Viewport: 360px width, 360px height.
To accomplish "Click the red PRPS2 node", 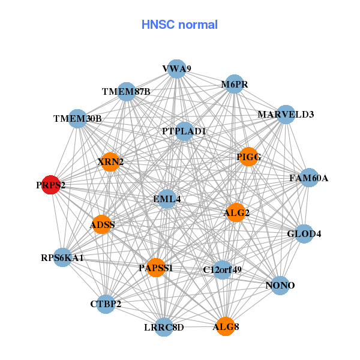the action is click(x=50, y=186).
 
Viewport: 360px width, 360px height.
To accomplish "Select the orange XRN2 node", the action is click(x=110, y=161).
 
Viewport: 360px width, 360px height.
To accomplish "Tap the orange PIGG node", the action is click(x=248, y=157).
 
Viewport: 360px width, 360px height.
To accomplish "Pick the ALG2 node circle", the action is click(x=236, y=212).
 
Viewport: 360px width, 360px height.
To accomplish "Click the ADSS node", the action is click(x=102, y=224).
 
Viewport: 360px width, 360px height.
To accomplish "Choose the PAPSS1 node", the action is click(x=156, y=268).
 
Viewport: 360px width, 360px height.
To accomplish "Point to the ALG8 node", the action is click(x=225, y=326).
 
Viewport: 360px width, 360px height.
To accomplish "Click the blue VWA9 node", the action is click(x=176, y=69).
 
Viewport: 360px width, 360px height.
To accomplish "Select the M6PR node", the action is click(x=234, y=85).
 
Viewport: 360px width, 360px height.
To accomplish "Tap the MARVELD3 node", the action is click(x=286, y=114).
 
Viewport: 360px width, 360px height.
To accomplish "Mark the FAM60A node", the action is click(x=308, y=178).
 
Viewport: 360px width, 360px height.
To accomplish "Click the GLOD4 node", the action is click(x=304, y=233).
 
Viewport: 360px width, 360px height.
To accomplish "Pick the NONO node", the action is click(x=280, y=285).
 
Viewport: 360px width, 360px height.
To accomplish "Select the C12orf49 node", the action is click(x=222, y=269).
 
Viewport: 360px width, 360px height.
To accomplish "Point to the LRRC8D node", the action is click(x=164, y=327).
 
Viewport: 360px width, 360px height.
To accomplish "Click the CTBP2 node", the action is click(x=106, y=304).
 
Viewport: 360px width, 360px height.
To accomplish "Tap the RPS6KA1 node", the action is click(x=62, y=258).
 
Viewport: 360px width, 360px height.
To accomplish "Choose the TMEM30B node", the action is click(x=77, y=119).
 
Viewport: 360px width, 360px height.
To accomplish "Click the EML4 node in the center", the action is click(x=167, y=199).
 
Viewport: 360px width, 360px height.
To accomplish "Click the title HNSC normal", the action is click(x=179, y=25).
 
